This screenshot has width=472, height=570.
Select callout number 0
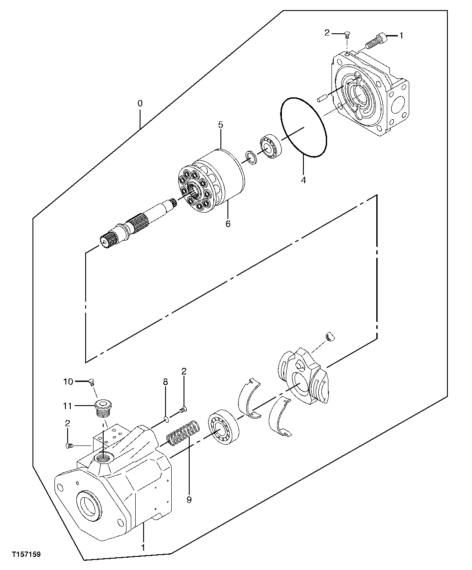(x=140, y=104)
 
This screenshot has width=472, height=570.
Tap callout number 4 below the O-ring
(x=303, y=180)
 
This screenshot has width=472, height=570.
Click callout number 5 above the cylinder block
(x=221, y=125)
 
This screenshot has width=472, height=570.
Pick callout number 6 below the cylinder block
(x=228, y=224)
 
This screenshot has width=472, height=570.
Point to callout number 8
(x=166, y=382)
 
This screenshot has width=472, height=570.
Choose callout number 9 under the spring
(x=189, y=499)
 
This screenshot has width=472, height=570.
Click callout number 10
(x=68, y=381)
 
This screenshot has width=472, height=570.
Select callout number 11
(x=67, y=406)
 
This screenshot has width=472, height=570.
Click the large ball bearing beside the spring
(x=223, y=425)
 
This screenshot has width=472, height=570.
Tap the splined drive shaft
(x=136, y=223)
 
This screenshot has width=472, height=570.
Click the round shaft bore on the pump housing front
(x=89, y=505)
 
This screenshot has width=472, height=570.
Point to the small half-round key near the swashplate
(x=332, y=336)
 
